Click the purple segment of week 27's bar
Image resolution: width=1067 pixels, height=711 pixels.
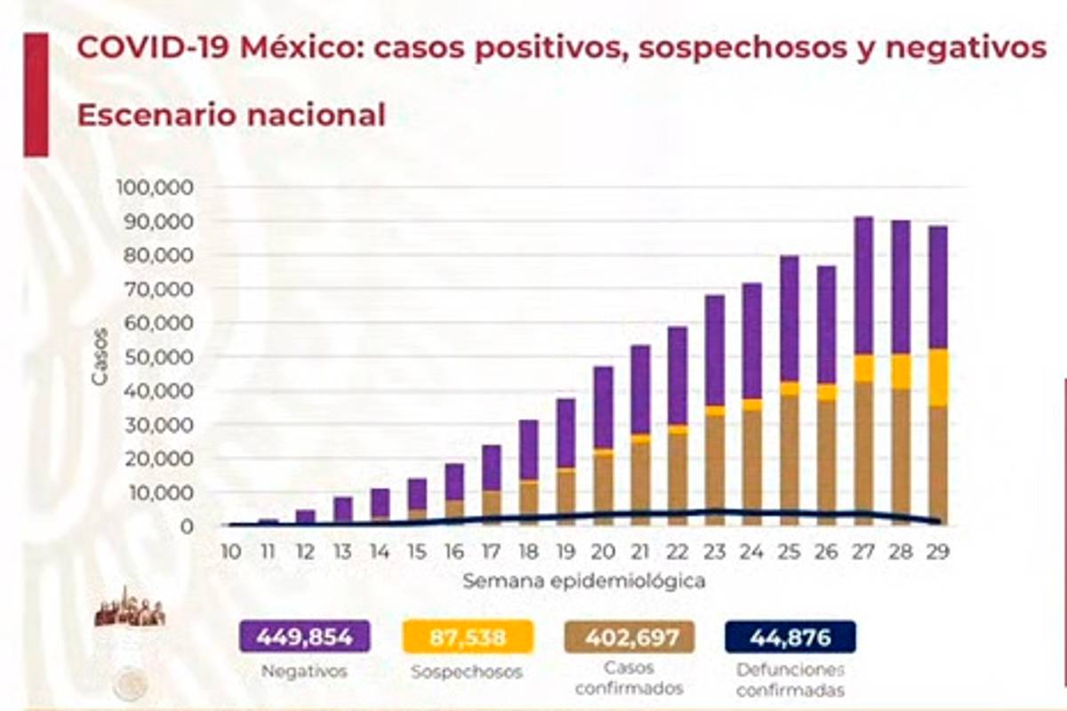tap(863, 284)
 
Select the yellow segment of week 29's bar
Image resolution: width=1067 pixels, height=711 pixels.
tap(938, 377)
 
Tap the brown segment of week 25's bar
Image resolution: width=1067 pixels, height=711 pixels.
tap(789, 453)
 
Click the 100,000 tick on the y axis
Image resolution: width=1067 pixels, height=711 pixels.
tap(155, 188)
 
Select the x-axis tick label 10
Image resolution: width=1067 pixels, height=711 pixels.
tap(230, 552)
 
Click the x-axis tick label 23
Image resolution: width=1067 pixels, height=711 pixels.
tap(715, 552)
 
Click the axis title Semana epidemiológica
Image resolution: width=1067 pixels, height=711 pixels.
tap(583, 581)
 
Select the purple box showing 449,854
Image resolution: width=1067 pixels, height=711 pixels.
tap(304, 636)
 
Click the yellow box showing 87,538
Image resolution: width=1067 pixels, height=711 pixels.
tap(467, 636)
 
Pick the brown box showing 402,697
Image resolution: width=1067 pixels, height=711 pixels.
tap(630, 636)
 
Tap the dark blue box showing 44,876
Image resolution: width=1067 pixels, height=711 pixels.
tap(790, 636)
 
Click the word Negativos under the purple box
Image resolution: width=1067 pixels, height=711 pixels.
tap(304, 672)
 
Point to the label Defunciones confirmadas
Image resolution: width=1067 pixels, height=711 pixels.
tap(790, 680)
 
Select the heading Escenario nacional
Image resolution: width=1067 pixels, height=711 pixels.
tap(231, 115)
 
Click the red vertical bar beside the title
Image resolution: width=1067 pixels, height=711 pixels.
tap(36, 94)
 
